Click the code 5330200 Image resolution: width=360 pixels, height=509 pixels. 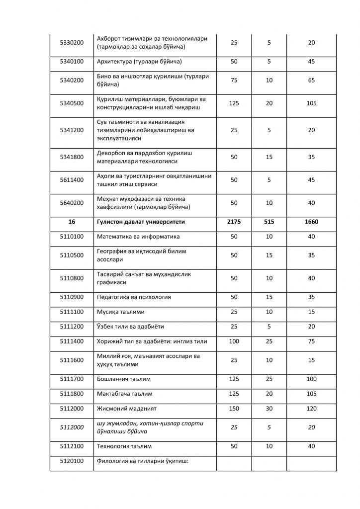pyautogui.click(x=71, y=43)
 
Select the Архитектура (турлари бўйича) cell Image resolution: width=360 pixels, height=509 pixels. pyautogui.click(x=139, y=62)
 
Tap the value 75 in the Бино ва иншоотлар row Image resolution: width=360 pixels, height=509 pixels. pyautogui.click(x=234, y=80)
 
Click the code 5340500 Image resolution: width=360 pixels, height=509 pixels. pyautogui.click(x=71, y=103)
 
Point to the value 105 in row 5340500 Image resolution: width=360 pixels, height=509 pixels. pyautogui.click(x=311, y=103)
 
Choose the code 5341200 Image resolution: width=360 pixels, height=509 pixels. pyautogui.click(x=71, y=130)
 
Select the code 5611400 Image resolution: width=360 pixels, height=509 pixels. pyautogui.click(x=71, y=179)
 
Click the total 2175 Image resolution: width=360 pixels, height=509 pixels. pyautogui.click(x=234, y=222)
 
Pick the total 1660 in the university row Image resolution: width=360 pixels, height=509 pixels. pyautogui.click(x=311, y=222)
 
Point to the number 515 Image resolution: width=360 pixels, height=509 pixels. pyautogui.click(x=269, y=222)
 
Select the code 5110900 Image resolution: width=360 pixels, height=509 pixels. pyautogui.click(x=71, y=297)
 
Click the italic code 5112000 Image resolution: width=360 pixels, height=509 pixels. pyautogui.click(x=71, y=426)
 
